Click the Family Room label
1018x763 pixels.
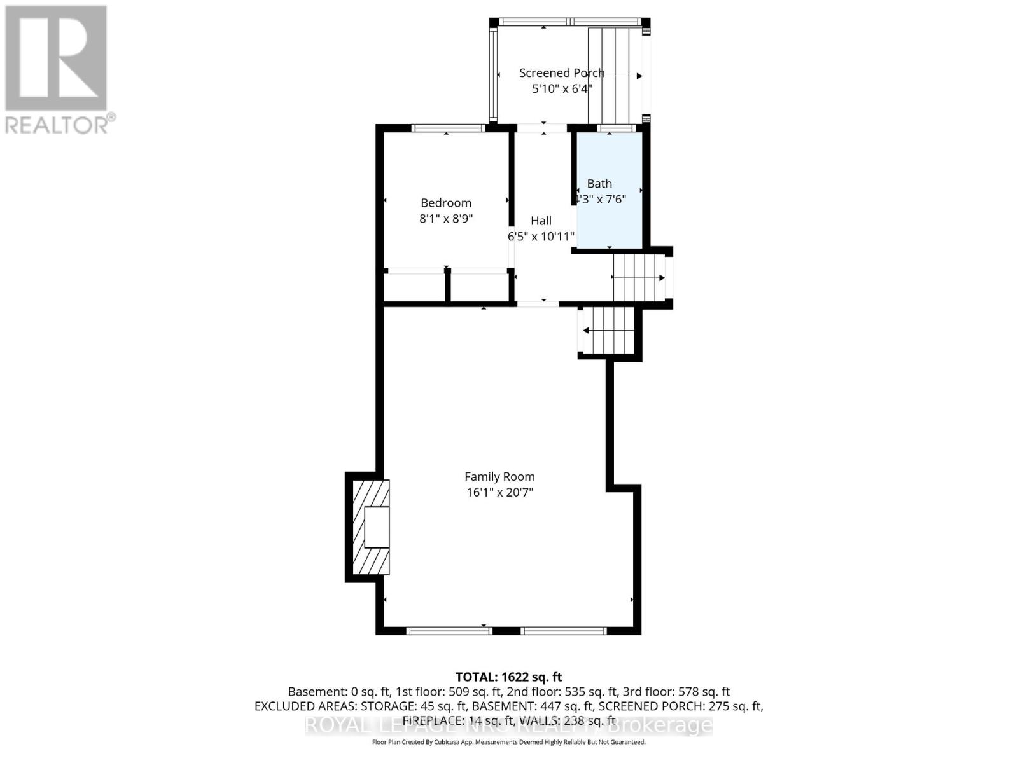point(499,476)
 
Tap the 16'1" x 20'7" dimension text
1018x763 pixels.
point(499,492)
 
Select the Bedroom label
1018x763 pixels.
point(446,203)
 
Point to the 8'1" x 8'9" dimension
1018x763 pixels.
point(446,219)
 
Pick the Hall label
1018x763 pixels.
point(541,221)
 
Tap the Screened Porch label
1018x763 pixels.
point(561,73)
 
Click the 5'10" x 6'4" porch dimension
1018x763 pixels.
point(561,89)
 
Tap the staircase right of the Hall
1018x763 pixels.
point(638,278)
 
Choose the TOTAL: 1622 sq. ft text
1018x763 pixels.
point(508,677)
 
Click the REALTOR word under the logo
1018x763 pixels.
point(60,124)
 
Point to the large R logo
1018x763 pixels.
point(56,58)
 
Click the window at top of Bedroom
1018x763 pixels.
point(447,128)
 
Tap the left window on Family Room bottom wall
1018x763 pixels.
point(449,631)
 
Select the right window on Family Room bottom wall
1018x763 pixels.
point(563,631)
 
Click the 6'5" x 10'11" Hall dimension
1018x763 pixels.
point(541,237)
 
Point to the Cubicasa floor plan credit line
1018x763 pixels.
point(508,742)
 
